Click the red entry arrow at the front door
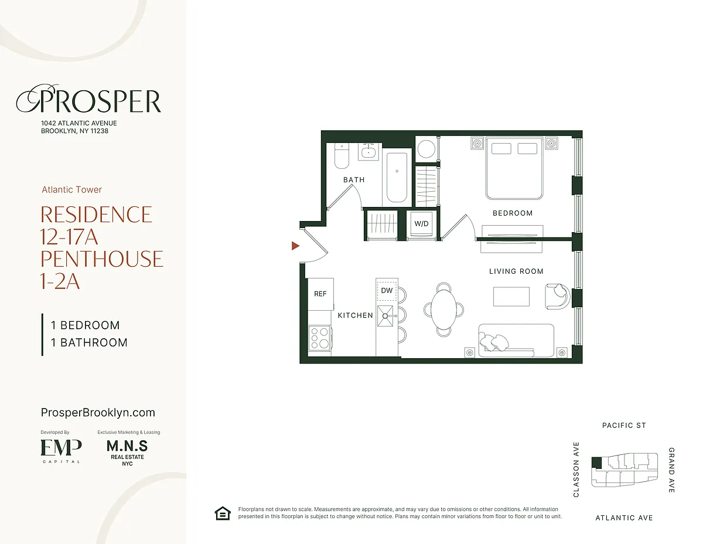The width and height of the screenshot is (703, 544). click(295, 246)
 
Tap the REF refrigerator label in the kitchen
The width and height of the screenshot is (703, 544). click(320, 294)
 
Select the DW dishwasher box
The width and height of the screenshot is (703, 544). click(387, 291)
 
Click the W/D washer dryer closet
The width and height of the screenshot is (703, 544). click(421, 223)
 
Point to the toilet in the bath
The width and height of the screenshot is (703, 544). click(342, 156)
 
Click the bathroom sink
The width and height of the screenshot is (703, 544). click(368, 151)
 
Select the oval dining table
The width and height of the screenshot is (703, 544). click(443, 310)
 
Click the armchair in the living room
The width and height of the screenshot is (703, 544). click(557, 297)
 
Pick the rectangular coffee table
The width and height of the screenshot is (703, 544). click(511, 297)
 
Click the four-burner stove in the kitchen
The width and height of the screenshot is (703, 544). click(320, 338)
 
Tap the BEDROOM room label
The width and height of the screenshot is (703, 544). click(513, 213)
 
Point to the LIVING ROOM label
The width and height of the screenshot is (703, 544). click(516, 271)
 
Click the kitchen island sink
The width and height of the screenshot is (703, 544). click(385, 316)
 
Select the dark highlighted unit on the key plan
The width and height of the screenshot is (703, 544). click(596, 463)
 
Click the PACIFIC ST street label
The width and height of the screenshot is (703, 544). click(624, 425)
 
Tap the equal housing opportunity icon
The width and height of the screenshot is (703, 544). click(223, 513)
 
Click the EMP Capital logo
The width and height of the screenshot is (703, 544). click(61, 451)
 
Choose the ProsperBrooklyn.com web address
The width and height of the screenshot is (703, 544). click(98, 413)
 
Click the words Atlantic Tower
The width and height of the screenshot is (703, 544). click(72, 190)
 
